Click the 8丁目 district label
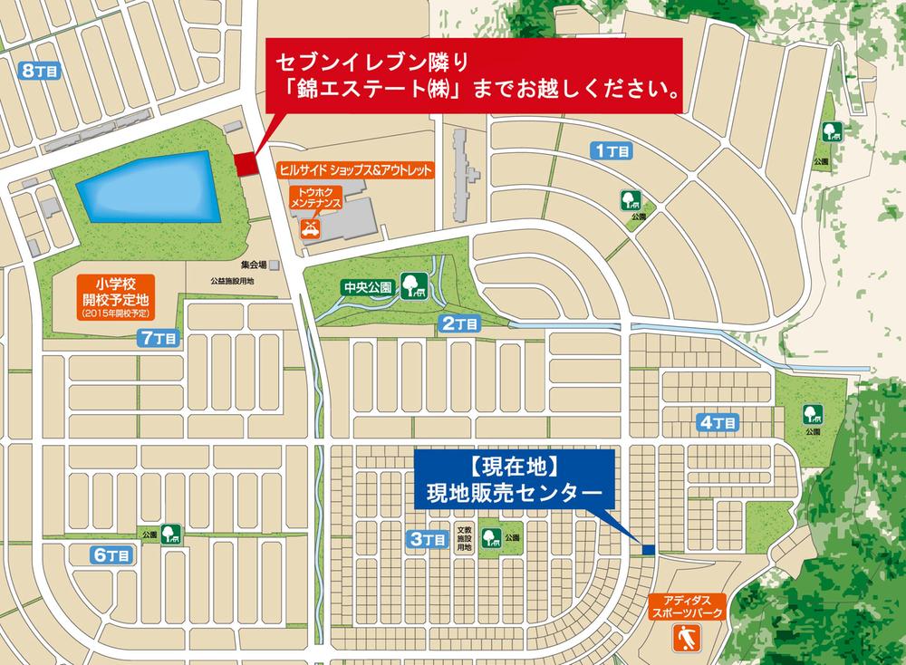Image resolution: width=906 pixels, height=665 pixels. [x=39, y=69]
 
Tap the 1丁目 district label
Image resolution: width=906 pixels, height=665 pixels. [x=612, y=151]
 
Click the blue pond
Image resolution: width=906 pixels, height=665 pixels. [x=149, y=188]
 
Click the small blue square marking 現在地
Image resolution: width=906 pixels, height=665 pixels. [x=648, y=549]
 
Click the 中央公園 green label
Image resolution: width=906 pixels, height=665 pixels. [x=367, y=288]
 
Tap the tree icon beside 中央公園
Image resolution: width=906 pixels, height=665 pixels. [x=413, y=287]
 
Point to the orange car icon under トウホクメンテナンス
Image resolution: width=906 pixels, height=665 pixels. [x=310, y=227]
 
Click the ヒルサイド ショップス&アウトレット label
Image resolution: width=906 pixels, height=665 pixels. [x=355, y=170]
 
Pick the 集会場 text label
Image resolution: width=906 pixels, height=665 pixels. [x=254, y=265]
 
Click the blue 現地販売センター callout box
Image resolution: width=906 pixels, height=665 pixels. [x=514, y=481]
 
